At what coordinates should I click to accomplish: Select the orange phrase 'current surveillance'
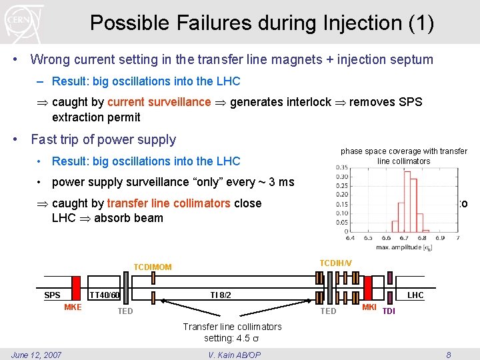[x=159, y=102]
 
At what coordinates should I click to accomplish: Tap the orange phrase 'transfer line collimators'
[x=169, y=203]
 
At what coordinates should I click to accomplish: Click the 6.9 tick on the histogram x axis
[x=440, y=237]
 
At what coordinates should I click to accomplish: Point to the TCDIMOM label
[x=153, y=267]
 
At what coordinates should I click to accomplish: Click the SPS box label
[x=52, y=295]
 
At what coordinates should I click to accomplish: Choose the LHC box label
[x=415, y=295]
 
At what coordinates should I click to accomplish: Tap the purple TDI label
[x=389, y=311]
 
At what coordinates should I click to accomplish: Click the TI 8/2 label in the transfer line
[x=221, y=295]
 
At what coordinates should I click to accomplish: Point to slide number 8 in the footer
[x=449, y=355]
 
